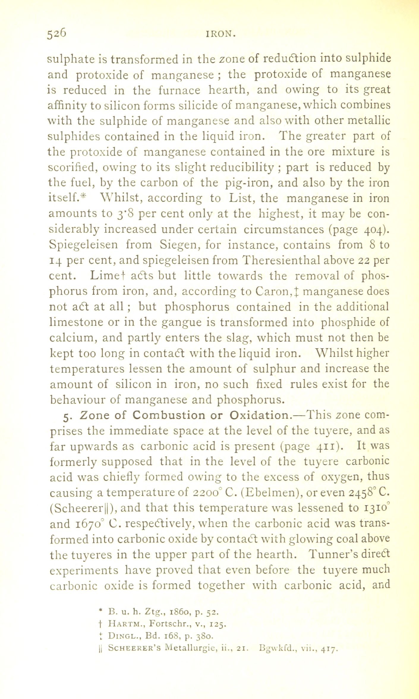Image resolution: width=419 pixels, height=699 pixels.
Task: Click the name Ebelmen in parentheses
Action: pos(265,493)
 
